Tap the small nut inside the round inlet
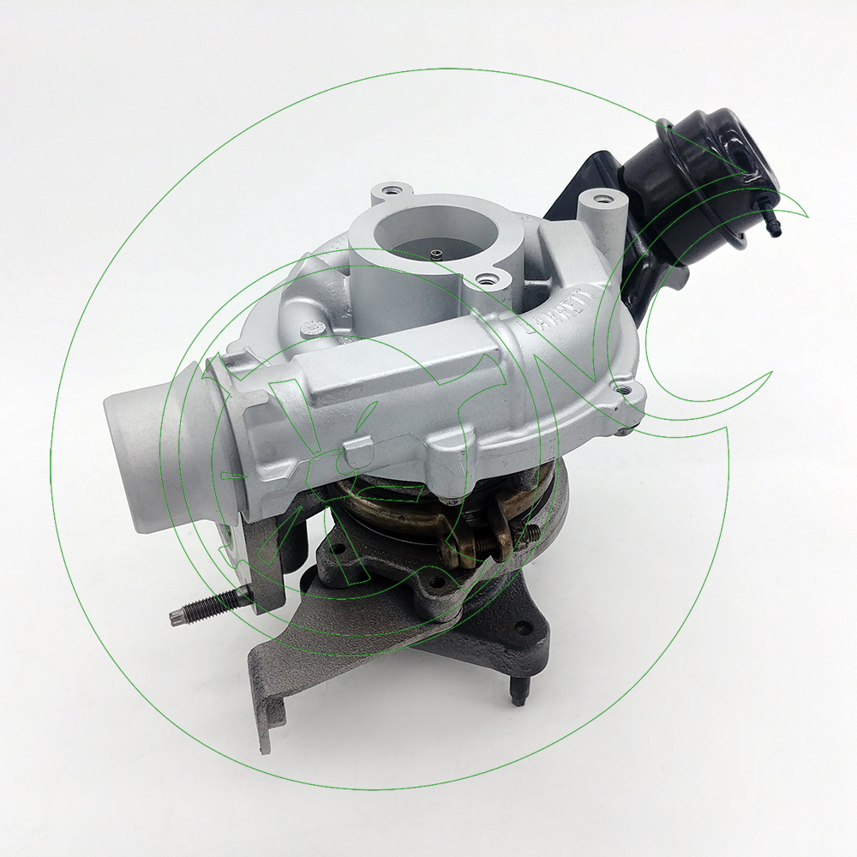pyautogui.click(x=436, y=253)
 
